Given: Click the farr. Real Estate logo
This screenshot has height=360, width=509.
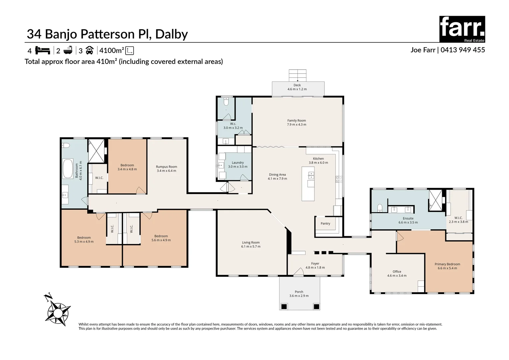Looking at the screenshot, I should (462, 29).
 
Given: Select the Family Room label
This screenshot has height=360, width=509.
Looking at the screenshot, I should (296, 121).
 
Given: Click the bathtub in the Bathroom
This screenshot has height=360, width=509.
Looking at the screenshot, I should (68, 169).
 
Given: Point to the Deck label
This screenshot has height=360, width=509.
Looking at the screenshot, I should (297, 85).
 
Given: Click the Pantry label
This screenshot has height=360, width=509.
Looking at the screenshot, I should (325, 224).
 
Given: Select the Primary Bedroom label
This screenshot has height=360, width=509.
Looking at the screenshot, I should (447, 264).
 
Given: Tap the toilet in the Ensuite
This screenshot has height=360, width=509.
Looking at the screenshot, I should (379, 208).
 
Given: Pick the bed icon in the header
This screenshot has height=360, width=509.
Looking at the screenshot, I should (42, 51).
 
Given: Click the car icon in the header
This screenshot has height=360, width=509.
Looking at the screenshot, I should (89, 51).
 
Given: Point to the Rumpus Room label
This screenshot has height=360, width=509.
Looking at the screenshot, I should (166, 167).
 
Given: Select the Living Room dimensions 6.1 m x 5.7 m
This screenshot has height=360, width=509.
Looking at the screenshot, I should (251, 247).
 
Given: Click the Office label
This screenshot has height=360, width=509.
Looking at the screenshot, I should (397, 272).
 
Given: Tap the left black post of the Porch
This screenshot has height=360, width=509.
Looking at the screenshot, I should (284, 306).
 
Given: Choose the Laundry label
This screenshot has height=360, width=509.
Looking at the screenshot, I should (238, 163).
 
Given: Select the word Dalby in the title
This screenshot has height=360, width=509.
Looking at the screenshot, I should (172, 34).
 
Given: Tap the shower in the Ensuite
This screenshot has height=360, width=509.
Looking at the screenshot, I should (435, 200).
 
